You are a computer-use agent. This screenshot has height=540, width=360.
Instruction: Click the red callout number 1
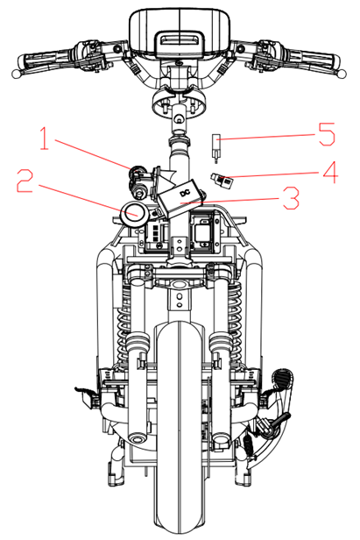[44, 139]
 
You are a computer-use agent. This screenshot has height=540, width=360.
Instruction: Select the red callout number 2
[25, 181]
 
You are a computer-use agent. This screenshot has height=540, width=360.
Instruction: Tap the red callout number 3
[291, 198]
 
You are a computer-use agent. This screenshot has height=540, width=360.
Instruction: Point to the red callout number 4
[330, 172]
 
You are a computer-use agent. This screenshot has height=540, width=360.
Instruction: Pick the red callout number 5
[327, 134]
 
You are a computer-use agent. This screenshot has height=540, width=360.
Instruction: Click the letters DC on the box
[185, 194]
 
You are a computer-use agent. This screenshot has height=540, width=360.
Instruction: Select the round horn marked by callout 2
[134, 214]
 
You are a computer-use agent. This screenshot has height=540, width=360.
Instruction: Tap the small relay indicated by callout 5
[215, 145]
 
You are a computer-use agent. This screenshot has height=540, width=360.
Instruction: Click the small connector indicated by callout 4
[221, 180]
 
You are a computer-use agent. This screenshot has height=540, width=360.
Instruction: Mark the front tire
[180, 427]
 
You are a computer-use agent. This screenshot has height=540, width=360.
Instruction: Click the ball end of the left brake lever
[16, 74]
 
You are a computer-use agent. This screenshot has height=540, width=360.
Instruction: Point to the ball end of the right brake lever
[342, 73]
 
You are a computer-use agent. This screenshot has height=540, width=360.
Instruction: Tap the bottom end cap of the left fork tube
[138, 438]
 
